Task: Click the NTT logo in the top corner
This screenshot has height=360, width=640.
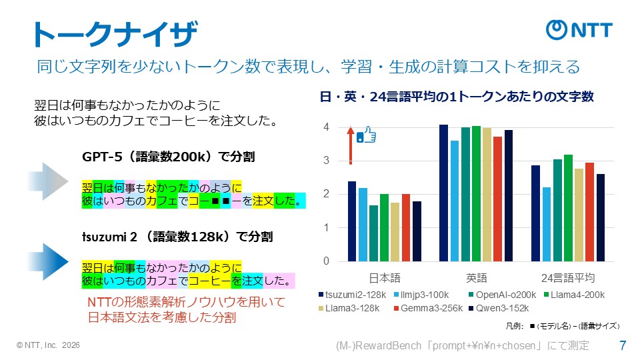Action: (x=579, y=30)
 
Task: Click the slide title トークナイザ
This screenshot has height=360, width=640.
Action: (x=115, y=34)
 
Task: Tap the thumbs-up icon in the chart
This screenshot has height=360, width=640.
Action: (x=367, y=135)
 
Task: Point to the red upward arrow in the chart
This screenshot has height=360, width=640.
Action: (x=350, y=145)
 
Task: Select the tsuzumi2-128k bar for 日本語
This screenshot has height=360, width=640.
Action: (x=351, y=221)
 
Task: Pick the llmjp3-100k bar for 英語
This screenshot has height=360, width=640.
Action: (x=455, y=201)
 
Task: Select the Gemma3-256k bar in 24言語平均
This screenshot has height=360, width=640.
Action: (x=589, y=212)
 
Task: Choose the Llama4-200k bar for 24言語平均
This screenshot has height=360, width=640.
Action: (x=568, y=208)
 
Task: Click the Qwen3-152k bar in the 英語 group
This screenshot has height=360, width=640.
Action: (x=509, y=195)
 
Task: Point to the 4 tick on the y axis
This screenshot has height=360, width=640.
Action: (x=326, y=127)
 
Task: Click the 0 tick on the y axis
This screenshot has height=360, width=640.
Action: (x=326, y=261)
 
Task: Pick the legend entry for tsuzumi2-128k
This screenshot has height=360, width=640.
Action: (x=350, y=294)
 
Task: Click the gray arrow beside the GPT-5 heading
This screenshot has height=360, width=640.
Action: (x=47, y=180)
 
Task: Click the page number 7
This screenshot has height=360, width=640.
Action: (x=623, y=345)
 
